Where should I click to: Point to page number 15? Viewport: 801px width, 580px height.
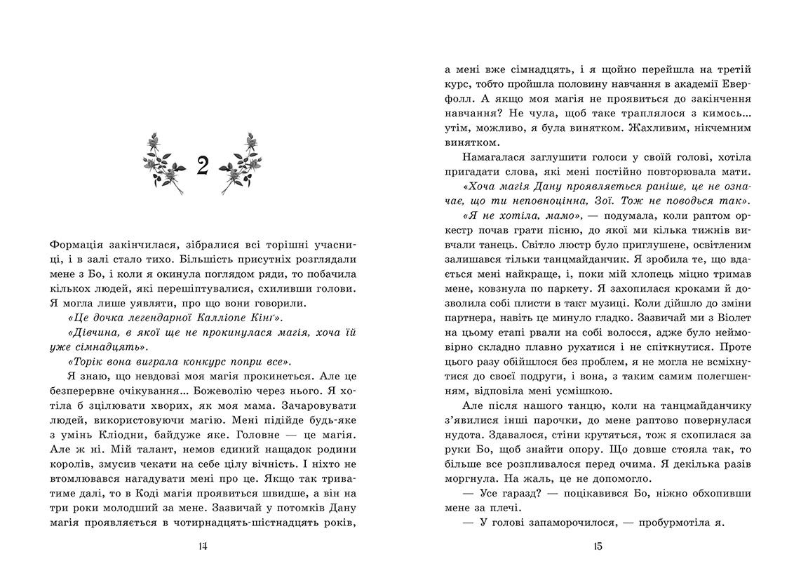click(598, 547)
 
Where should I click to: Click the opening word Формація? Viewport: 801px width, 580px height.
click(79, 245)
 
